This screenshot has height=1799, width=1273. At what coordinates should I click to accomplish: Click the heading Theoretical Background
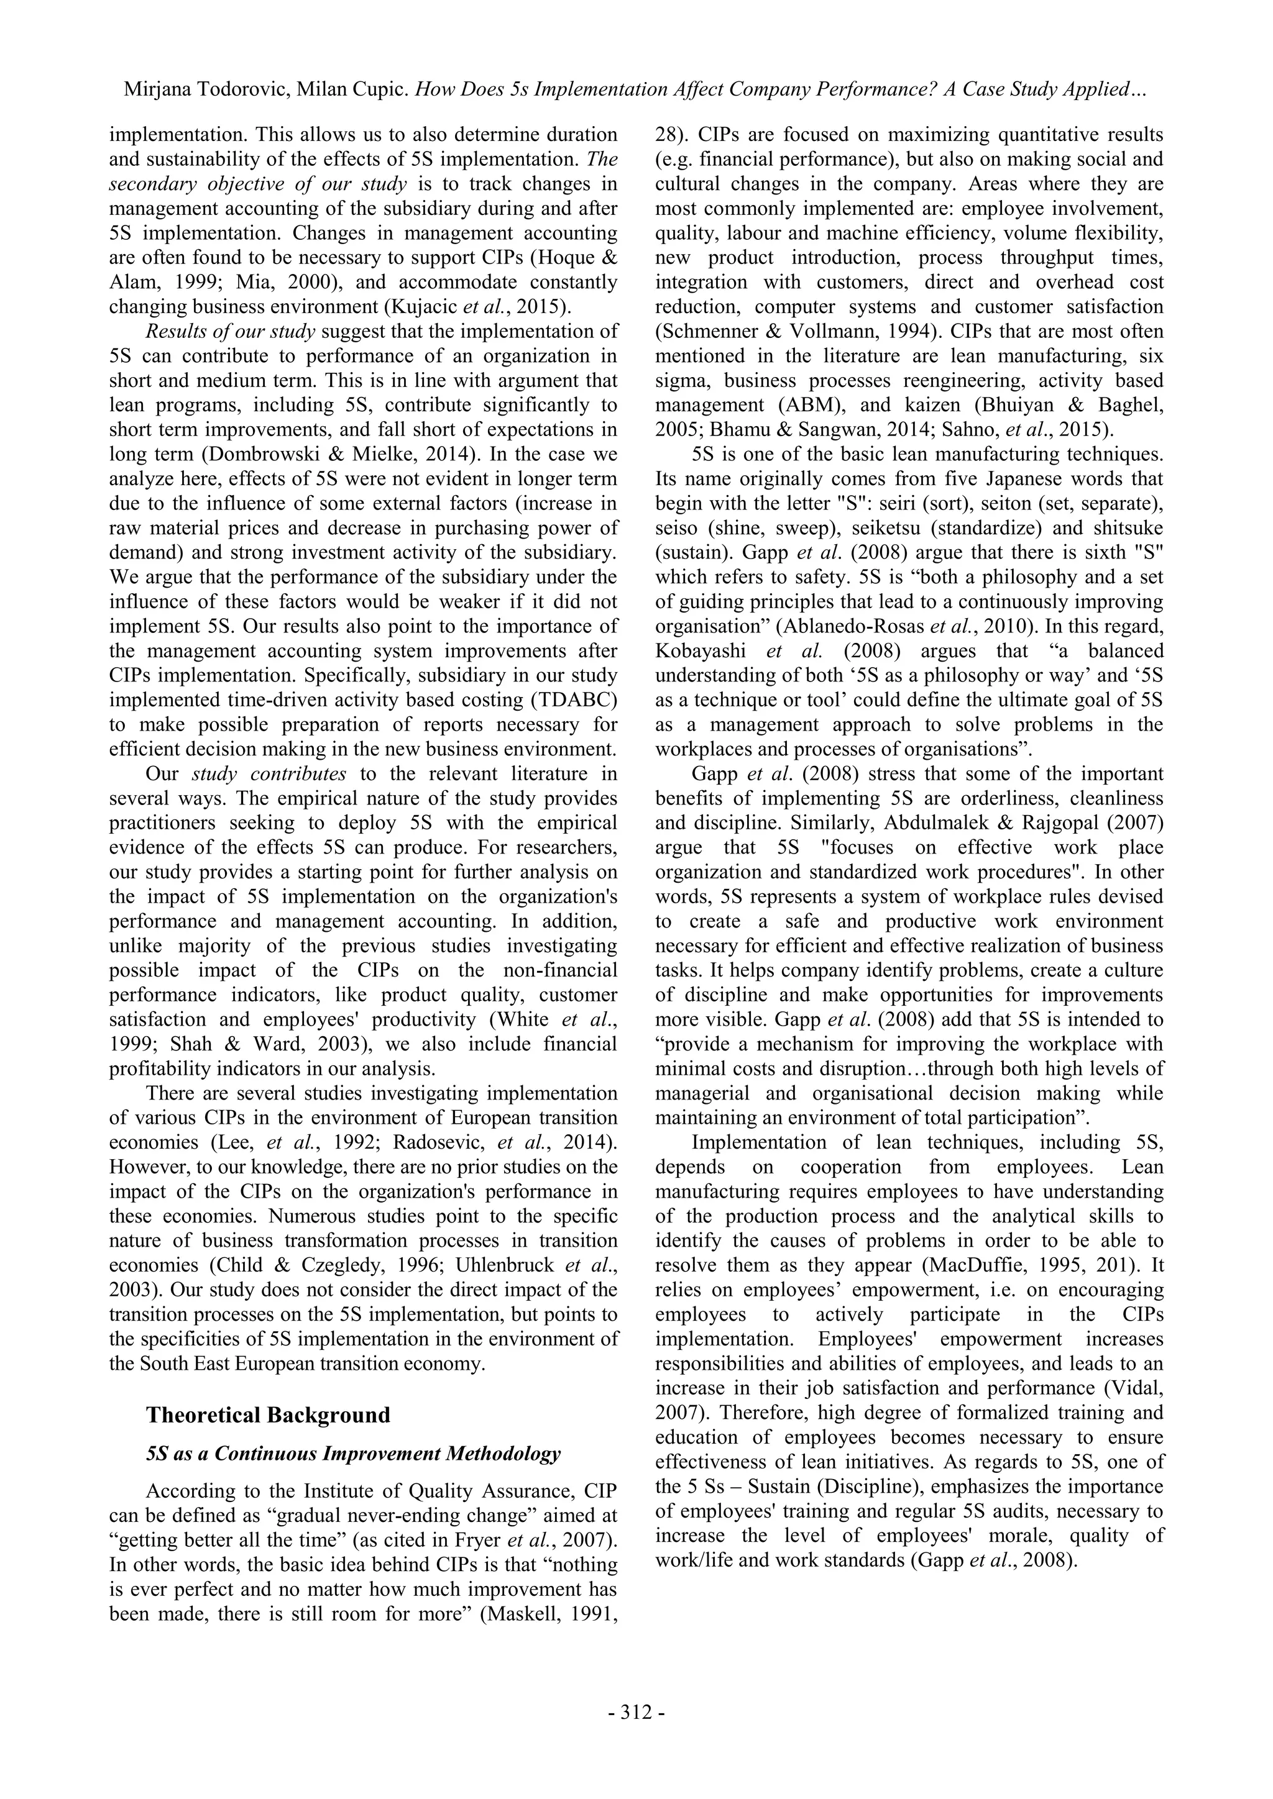click(x=268, y=1414)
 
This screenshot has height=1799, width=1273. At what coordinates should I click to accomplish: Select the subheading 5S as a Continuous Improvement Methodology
click(x=354, y=1454)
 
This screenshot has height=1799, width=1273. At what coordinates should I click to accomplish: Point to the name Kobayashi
click(x=697, y=650)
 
